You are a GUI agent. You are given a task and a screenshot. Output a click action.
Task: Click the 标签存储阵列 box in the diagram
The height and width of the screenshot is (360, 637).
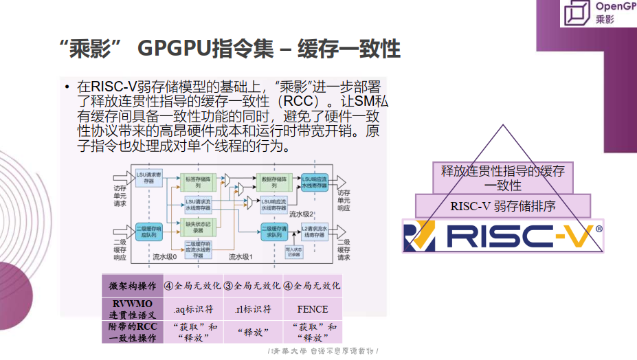pos(197,182)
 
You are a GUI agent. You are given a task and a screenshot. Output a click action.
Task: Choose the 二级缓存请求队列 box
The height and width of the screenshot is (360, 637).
pos(273,231)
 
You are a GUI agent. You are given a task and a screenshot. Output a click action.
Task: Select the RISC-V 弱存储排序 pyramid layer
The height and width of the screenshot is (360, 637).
pos(503,205)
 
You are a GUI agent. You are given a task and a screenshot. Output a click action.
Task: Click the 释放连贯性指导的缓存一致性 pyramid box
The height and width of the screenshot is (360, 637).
pos(503,177)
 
